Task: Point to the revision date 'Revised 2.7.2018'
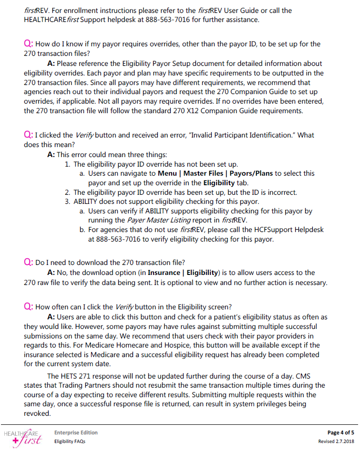336,441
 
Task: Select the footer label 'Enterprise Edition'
76,432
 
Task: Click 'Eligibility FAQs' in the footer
70,441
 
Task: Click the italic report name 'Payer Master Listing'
158,220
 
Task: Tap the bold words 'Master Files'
203,173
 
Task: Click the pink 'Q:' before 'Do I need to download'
28,262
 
